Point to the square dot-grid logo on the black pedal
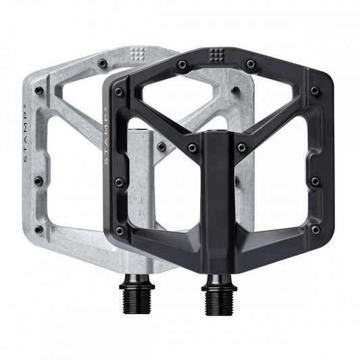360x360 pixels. tap(218, 55)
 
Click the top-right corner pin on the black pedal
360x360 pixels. tap(315, 91)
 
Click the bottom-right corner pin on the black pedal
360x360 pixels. tap(315, 229)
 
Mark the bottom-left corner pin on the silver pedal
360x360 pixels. tap(38, 229)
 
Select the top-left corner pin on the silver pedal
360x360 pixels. tap(38, 90)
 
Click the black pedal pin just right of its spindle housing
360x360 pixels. tap(242, 147)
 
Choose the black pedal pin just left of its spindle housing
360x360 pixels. tap(192, 147)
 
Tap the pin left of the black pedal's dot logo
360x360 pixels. tap(182, 64)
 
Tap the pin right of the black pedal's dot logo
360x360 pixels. tap(251, 63)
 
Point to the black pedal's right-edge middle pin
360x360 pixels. tap(315, 182)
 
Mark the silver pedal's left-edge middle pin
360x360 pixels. tap(38, 180)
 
